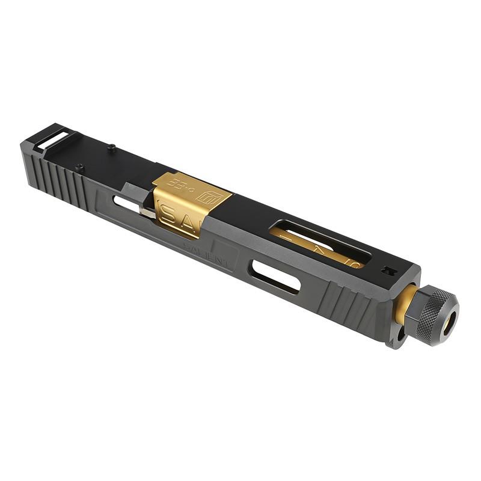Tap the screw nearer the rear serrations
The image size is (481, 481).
[x=79, y=168]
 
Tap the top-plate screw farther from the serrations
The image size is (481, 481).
[x=111, y=146]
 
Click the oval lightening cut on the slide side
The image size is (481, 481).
[x=275, y=276]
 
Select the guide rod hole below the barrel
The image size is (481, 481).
[x=399, y=332]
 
